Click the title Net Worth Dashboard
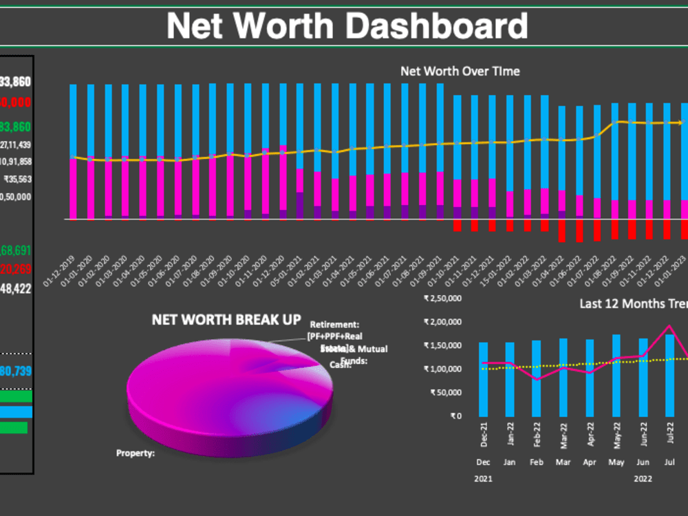pyautogui.click(x=347, y=25)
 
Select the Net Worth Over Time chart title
pyautogui.click(x=460, y=71)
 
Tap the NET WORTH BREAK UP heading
pyautogui.click(x=226, y=320)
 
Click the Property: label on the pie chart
pyautogui.click(x=136, y=453)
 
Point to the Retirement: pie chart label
pyautogui.click(x=335, y=324)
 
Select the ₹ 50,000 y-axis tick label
pyautogui.click(x=446, y=392)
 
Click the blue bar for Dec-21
pyautogui.click(x=483, y=378)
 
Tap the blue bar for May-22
pyautogui.click(x=616, y=375)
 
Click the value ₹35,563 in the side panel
pyautogui.click(x=17, y=179)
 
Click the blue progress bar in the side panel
pyautogui.click(x=15, y=412)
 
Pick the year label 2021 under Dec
pyautogui.click(x=483, y=477)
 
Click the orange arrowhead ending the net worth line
pyautogui.click(x=680, y=122)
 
